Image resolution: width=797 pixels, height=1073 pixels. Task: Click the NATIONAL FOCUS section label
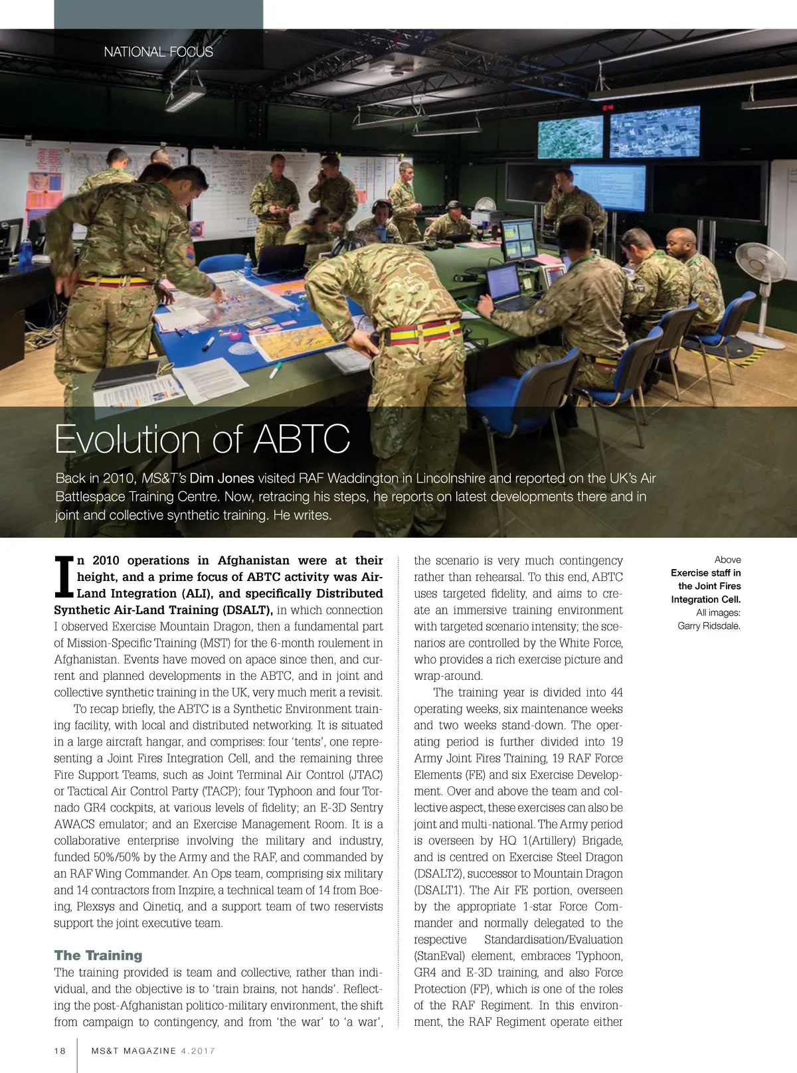tap(158, 52)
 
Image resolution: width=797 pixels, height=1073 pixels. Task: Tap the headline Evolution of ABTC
tap(202, 439)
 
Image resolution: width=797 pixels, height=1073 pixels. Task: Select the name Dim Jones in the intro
tap(222, 478)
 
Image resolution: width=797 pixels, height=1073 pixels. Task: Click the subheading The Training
tap(98, 955)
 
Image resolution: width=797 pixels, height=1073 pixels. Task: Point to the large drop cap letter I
tap(64, 576)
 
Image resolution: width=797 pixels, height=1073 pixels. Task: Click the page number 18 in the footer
tap(60, 1050)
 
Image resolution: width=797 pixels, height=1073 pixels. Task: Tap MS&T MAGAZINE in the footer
tap(134, 1050)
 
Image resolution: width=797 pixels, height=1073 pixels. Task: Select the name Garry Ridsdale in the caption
tap(709, 625)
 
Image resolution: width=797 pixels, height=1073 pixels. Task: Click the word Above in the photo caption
tap(727, 560)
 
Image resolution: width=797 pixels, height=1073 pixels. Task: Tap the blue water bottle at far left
tap(26, 253)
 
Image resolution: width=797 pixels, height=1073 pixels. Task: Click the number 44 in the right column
tap(615, 693)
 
